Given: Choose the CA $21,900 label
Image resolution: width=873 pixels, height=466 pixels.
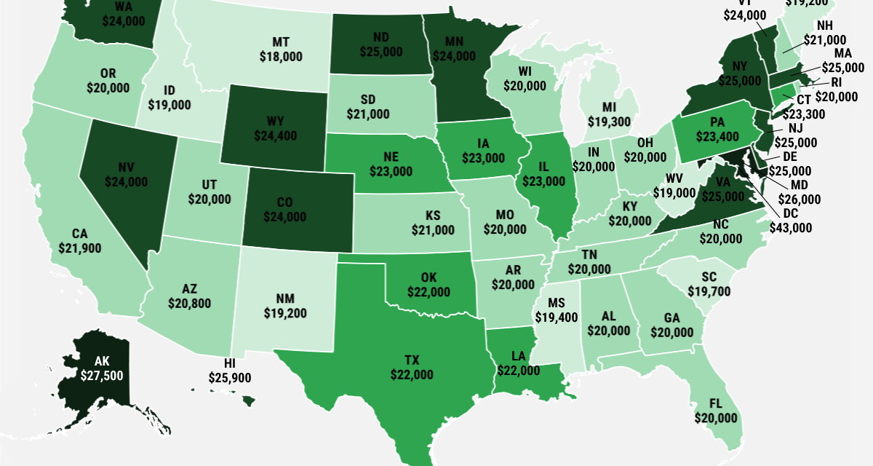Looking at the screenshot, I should (x=80, y=241).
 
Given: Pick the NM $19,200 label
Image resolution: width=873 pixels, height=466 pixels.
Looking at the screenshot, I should (x=284, y=307).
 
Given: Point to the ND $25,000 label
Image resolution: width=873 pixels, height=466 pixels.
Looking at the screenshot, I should (x=382, y=45).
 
